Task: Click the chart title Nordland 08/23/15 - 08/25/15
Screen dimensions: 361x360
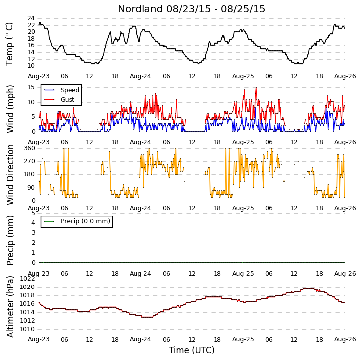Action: point(191,9)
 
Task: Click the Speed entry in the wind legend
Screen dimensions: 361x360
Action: point(70,90)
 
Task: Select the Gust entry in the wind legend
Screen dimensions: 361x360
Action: point(68,100)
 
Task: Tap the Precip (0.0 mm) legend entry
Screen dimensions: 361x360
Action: point(85,221)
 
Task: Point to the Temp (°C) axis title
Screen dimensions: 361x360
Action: point(9,44)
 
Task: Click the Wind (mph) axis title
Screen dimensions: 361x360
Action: point(10,109)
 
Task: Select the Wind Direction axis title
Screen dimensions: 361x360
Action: point(10,175)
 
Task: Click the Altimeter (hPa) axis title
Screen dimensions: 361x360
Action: point(10,306)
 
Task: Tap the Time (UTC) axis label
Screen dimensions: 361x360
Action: point(192,350)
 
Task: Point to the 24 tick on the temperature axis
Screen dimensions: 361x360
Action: point(31,18)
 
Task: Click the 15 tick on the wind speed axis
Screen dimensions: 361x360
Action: point(31,87)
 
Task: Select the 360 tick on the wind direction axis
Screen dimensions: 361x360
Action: point(29,148)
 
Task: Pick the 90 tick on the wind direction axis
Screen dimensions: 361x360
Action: point(31,188)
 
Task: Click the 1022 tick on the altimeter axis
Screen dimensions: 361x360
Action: point(27,279)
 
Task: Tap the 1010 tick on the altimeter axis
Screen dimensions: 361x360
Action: point(27,329)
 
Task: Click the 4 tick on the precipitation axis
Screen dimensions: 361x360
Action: point(33,223)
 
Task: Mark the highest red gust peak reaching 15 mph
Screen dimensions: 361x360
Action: point(256,88)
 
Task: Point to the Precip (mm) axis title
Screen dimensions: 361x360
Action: point(10,240)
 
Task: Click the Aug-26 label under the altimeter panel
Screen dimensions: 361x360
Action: point(345,339)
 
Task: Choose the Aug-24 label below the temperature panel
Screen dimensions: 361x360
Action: point(141,76)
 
